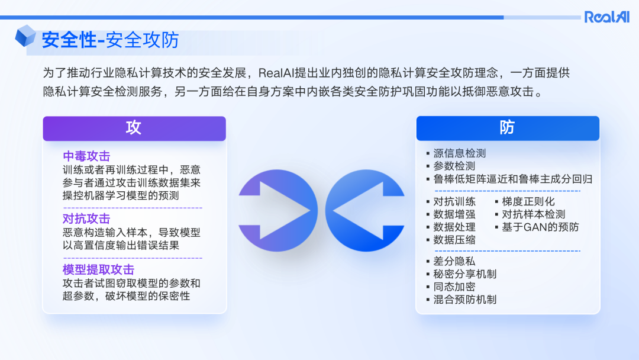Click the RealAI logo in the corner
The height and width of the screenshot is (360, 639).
click(606, 17)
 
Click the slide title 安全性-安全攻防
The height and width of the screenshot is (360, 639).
click(110, 41)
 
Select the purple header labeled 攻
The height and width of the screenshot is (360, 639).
click(134, 128)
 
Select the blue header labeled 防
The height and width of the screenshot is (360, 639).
click(507, 128)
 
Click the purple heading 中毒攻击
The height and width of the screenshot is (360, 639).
click(86, 157)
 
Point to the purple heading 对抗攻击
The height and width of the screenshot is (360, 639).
click(86, 219)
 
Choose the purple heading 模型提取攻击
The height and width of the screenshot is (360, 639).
click(98, 270)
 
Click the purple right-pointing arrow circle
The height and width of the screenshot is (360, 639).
click(277, 211)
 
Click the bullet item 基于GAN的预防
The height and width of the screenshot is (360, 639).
click(540, 227)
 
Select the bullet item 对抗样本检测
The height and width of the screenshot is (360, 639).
click(533, 214)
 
